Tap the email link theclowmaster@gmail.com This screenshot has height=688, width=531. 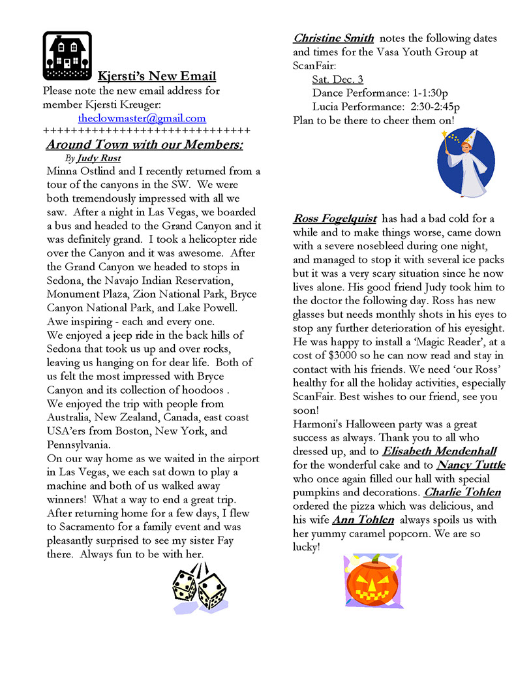[142, 118]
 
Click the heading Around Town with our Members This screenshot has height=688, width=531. [144, 144]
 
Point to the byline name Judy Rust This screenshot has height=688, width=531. [99, 158]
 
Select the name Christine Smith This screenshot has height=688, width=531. [333, 39]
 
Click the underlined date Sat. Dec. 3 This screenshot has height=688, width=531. [337, 80]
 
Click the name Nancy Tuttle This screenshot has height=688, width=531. [471, 465]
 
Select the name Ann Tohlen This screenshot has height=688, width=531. [363, 520]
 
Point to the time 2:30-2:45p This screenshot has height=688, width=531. [435, 107]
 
